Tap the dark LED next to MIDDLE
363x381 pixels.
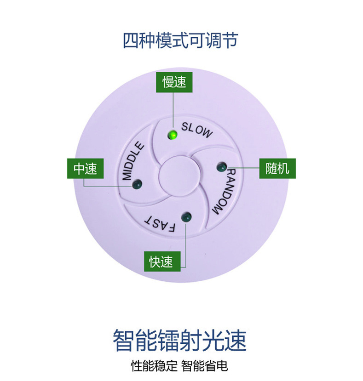[137, 185]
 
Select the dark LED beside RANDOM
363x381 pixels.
[222, 165]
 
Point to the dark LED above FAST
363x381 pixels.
[186, 216]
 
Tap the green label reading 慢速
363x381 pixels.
[174, 83]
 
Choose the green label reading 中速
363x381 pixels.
[85, 169]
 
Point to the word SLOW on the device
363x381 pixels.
[197, 130]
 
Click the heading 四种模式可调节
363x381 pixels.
[181, 40]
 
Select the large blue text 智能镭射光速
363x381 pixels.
[179, 341]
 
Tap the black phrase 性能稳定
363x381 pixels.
[154, 366]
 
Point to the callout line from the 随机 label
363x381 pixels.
[244, 168]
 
